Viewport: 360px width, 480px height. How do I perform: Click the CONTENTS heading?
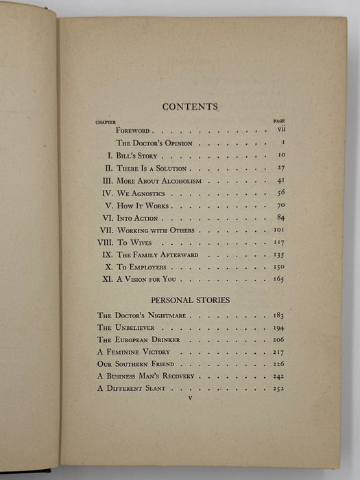pyautogui.click(x=190, y=107)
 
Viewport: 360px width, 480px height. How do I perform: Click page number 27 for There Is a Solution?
pyautogui.click(x=280, y=168)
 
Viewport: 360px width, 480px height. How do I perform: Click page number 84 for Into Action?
pyautogui.click(x=280, y=218)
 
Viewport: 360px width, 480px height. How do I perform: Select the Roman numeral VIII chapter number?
pyautogui.click(x=104, y=243)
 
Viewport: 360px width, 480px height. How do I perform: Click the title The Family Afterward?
pyautogui.click(x=156, y=255)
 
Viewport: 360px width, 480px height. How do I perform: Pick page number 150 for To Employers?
pyautogui.click(x=278, y=267)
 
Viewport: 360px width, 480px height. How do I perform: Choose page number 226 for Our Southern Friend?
pyautogui.click(x=278, y=364)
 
